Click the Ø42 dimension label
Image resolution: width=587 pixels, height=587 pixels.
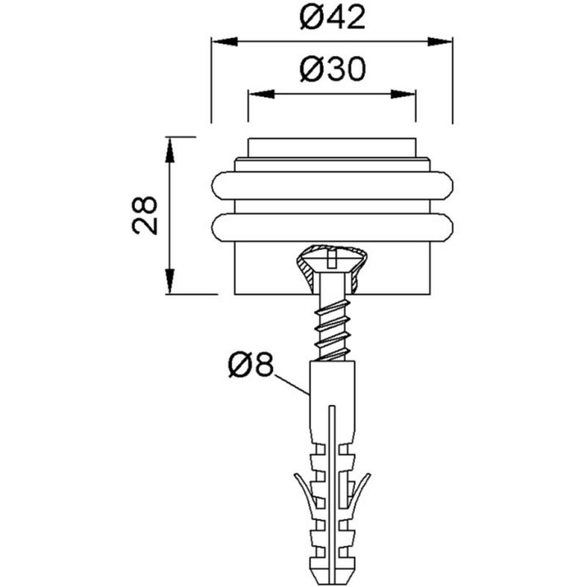coord(332,18)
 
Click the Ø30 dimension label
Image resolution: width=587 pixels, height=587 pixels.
coord(332,69)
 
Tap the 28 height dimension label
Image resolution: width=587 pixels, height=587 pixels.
coord(145,215)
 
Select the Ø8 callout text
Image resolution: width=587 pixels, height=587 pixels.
coord(251,365)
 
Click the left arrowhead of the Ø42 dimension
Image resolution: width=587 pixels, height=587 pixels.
coord(225,42)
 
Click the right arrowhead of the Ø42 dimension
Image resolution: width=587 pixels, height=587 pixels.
coord(440,42)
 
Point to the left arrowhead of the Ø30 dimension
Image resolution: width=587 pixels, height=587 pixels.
coord(261,95)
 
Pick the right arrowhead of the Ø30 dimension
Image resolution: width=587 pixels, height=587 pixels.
coord(403,95)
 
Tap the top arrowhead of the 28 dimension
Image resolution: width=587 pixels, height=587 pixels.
coord(170,150)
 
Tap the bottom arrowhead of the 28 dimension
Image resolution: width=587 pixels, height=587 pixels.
coord(170,281)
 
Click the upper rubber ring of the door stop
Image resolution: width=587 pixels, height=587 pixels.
coord(332,186)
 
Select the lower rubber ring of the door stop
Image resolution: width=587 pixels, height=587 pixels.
coord(332,227)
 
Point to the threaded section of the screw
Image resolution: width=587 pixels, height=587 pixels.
coord(332,329)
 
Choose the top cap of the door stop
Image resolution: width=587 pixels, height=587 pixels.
coord(332,148)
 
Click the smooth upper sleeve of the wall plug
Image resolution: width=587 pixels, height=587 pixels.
coord(332,401)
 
